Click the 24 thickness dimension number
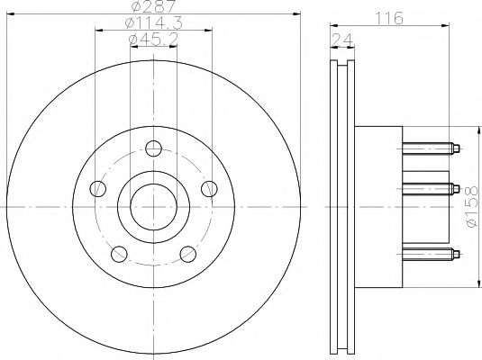coord(341,39)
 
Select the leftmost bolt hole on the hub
coord(99,189)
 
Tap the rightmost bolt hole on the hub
coord(209,188)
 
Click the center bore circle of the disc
coord(154,206)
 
